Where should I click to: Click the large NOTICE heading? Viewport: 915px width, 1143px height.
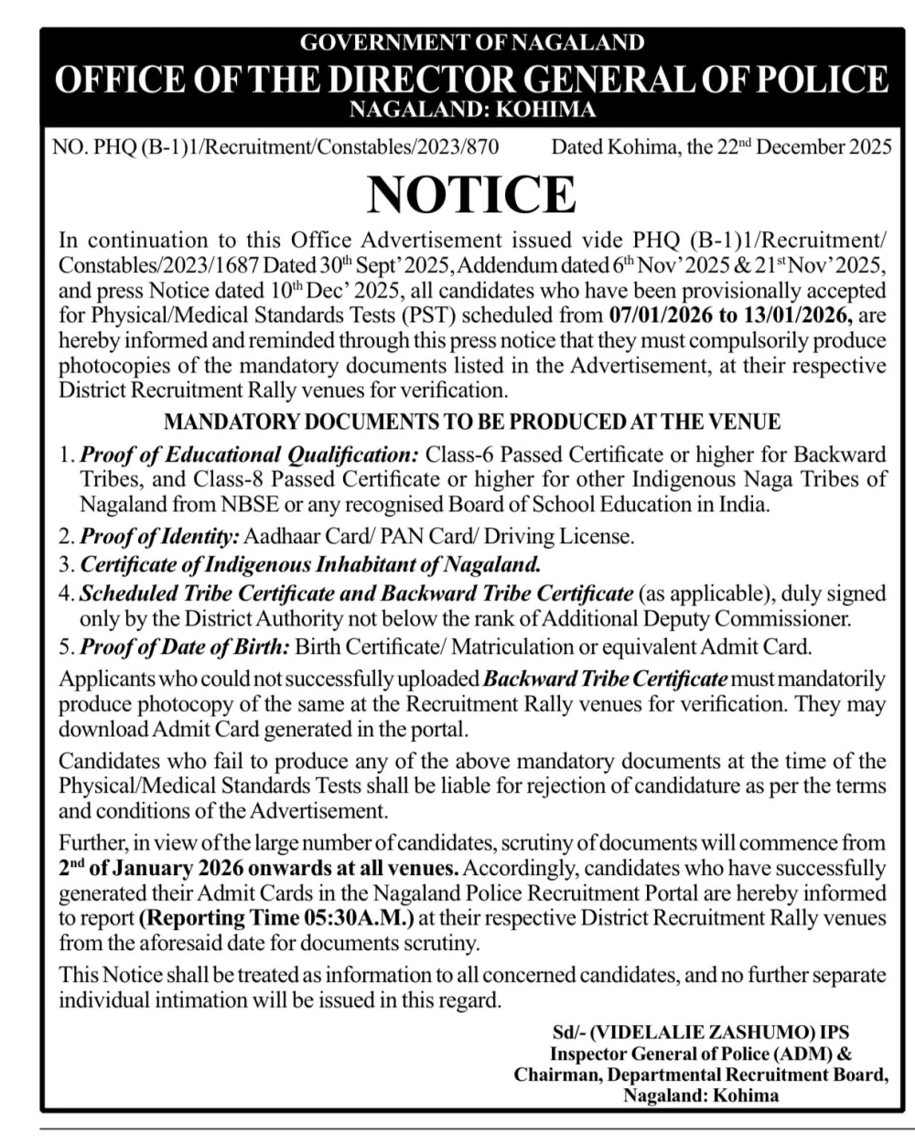click(471, 194)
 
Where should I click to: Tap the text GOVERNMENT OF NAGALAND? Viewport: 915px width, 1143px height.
click(472, 42)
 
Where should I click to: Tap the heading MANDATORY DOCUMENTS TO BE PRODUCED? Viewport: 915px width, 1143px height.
click(471, 422)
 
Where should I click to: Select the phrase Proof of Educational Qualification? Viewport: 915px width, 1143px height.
click(249, 454)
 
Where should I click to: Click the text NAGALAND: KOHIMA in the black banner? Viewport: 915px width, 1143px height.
click(472, 111)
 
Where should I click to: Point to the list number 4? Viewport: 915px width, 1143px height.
click(66, 593)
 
